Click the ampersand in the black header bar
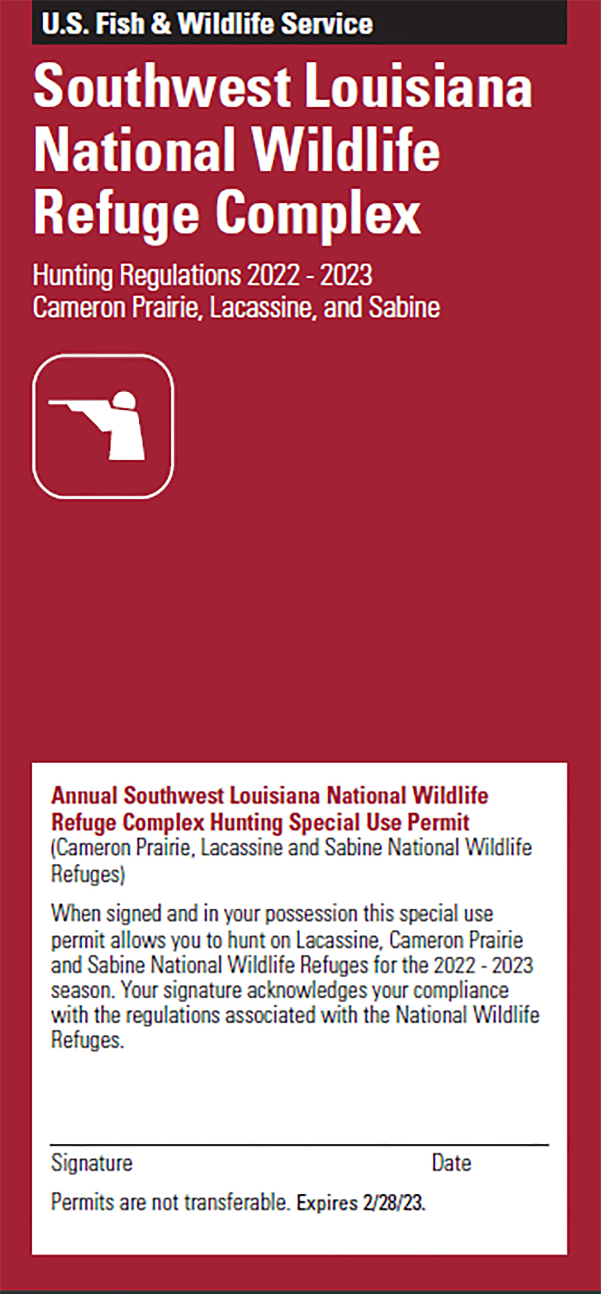[x=160, y=24]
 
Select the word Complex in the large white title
[x=318, y=214]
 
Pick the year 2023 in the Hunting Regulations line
[x=346, y=275]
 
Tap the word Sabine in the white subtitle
[x=404, y=307]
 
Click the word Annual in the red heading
[x=85, y=796]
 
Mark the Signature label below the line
[x=92, y=1163]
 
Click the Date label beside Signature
[x=451, y=1163]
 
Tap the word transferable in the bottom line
[x=237, y=1202]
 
